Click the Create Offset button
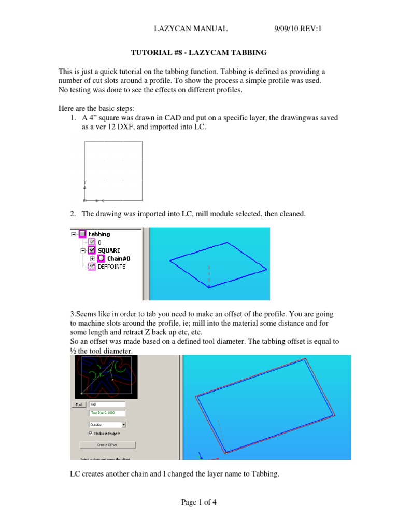pyautogui.click(x=107, y=444)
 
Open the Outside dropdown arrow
pyautogui.click(x=124, y=424)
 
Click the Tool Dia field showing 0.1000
pyautogui.click(x=107, y=413)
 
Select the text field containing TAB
pyautogui.click(x=107, y=404)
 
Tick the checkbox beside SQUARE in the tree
pyautogui.click(x=92, y=250)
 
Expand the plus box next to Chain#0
pyautogui.click(x=92, y=258)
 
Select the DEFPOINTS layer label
pyautogui.click(x=111, y=267)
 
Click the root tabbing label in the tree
pyautogui.click(x=99, y=234)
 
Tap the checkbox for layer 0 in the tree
pyautogui.click(x=92, y=242)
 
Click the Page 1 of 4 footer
pyautogui.click(x=199, y=502)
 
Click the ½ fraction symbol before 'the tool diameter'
pyautogui.click(x=73, y=351)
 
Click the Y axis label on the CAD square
pyautogui.click(x=85, y=181)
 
